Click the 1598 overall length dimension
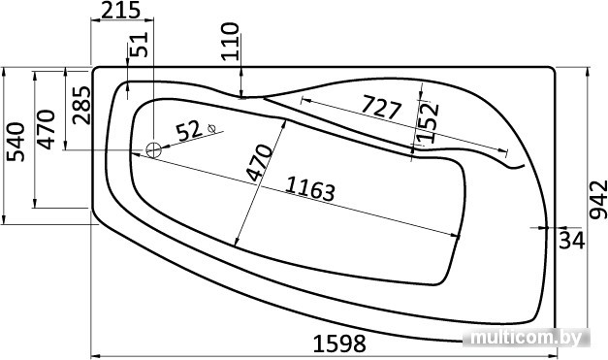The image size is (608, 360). tap(339, 344)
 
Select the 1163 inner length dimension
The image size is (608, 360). tap(310, 189)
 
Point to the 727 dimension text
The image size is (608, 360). tap(381, 108)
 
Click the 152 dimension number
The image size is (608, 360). tap(430, 122)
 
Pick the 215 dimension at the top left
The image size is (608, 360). tap(120, 10)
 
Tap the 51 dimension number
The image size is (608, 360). tap(139, 45)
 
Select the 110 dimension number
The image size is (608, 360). tap(230, 41)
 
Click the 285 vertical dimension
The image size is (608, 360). tap(81, 105)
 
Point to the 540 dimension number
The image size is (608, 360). tap(16, 142)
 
